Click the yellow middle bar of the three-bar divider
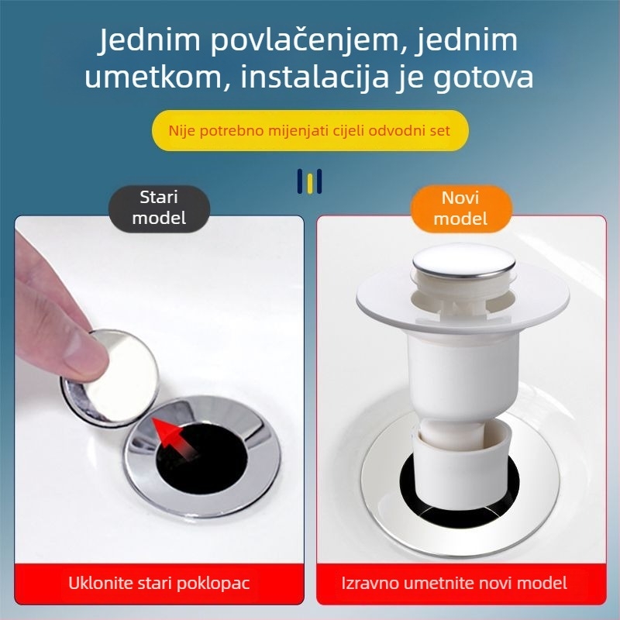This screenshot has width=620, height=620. pos(309,181)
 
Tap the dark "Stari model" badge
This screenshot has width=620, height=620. pos(159,208)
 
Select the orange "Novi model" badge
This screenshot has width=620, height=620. pos(461,208)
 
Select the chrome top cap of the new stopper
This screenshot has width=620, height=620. pos(463,263)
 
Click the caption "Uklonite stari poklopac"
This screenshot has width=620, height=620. pos(159,582)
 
